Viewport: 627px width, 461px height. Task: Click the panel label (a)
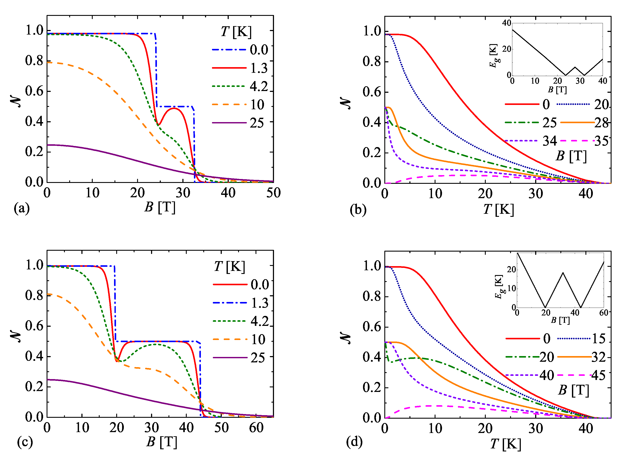(x=22, y=209)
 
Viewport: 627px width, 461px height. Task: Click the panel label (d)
(x=354, y=441)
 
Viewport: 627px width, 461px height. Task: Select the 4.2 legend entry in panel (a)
(x=259, y=86)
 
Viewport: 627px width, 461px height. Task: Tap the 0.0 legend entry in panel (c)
(x=259, y=284)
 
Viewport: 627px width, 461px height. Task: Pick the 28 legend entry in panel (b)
(x=601, y=123)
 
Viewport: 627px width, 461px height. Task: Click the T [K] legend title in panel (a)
(x=236, y=32)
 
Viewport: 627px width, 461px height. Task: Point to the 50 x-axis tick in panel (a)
(x=273, y=193)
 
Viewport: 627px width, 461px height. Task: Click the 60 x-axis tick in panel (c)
(x=256, y=428)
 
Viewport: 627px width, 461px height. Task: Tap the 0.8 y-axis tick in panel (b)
(x=371, y=61)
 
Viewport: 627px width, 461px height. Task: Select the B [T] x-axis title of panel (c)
(x=161, y=442)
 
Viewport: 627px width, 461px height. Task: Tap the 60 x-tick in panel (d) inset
(x=603, y=313)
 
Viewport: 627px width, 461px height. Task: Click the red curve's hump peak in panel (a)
(x=174, y=108)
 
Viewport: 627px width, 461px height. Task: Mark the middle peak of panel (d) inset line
(x=563, y=273)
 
